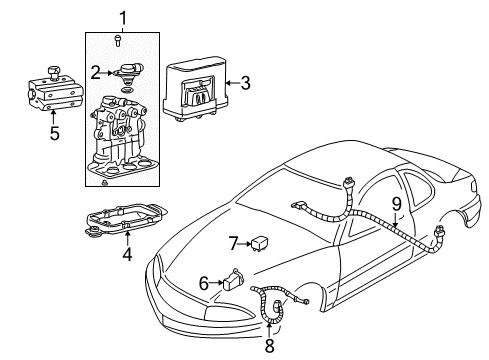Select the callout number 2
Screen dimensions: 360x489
pos(95,72)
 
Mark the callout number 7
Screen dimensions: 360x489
pos(232,242)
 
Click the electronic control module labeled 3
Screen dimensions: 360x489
pos(194,85)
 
